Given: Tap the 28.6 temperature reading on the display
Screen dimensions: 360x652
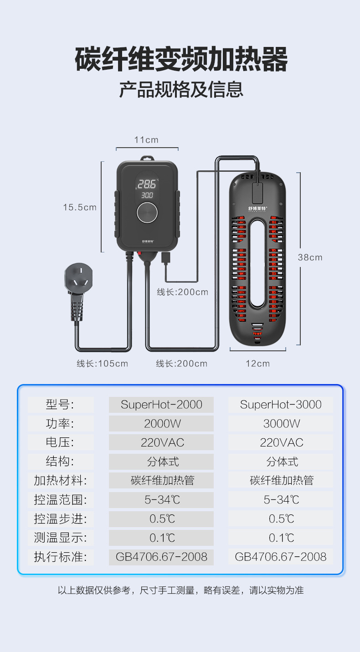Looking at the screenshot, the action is click(147, 184).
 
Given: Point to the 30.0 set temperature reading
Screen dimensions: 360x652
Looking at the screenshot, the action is click(147, 195).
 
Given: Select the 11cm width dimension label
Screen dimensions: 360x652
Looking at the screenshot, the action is click(146, 140).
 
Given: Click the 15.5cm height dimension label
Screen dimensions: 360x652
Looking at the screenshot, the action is click(80, 207).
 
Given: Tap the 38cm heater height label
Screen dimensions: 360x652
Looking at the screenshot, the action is click(310, 257).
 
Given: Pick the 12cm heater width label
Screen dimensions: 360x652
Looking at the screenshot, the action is click(257, 364).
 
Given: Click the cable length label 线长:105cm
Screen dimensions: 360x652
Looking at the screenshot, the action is click(103, 364).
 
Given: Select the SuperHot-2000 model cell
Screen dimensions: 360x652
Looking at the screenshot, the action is click(161, 405).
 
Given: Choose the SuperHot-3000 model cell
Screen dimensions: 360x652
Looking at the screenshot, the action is click(281, 405).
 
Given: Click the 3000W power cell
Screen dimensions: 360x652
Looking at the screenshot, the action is click(281, 424).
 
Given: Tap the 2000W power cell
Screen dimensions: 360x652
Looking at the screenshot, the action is click(162, 424).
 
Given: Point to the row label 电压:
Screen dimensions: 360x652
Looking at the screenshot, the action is click(60, 442).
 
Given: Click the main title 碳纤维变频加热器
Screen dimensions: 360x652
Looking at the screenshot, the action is click(181, 60).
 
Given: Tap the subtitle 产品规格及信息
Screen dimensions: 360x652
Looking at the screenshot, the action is click(181, 89).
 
